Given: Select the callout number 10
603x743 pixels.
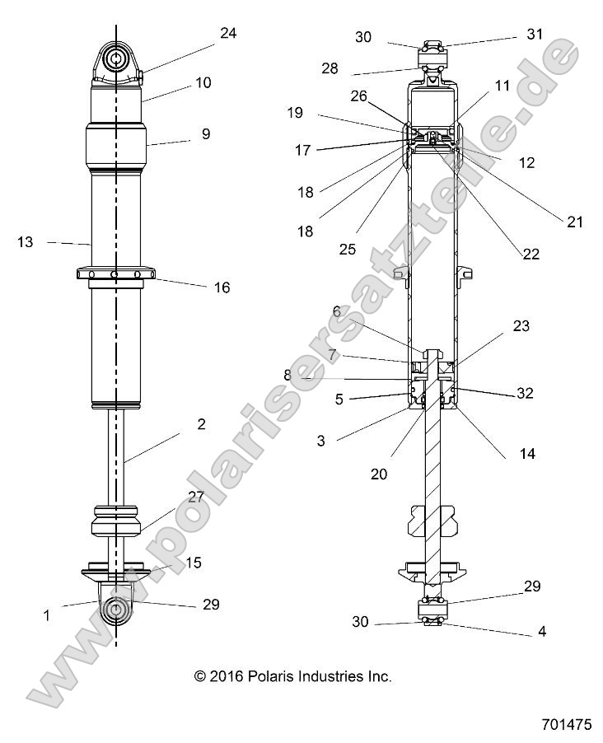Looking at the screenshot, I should point(203,82).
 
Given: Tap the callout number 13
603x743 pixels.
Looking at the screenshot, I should point(26,242).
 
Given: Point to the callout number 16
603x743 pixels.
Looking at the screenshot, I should point(222,287).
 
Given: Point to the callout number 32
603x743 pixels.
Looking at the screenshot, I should point(524,394).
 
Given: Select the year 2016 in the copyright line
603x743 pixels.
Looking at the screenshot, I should point(230,676).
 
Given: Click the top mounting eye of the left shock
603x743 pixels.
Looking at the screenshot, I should point(115,59).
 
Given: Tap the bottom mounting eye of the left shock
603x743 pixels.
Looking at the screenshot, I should point(115,610).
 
